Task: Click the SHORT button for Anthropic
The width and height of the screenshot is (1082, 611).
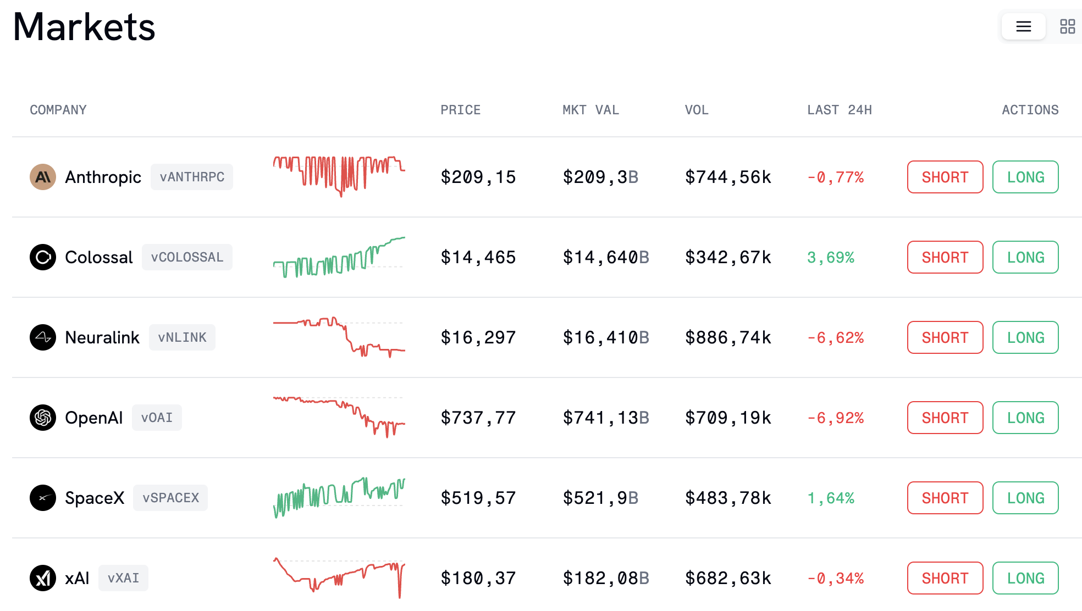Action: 945,177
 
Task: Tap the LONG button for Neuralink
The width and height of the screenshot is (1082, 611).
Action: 1025,337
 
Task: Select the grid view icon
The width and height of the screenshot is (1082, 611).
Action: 1067,26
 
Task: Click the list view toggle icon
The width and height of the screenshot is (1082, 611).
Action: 1023,26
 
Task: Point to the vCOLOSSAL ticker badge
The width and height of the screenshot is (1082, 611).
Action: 187,257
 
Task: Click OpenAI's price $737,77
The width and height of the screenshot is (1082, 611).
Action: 478,418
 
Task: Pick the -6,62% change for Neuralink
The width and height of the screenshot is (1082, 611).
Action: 835,337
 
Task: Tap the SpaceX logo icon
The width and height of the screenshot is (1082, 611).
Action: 43,498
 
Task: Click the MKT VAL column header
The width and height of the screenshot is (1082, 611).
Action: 590,110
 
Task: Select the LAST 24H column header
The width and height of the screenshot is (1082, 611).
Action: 839,110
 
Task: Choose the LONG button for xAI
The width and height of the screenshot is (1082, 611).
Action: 1025,578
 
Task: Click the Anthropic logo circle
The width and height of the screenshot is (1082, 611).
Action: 43,177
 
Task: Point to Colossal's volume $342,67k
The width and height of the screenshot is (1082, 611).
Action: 727,257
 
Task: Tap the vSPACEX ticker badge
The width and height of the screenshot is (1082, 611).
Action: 170,498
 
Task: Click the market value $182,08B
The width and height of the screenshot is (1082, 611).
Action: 605,578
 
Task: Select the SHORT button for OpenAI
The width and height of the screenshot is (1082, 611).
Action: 945,418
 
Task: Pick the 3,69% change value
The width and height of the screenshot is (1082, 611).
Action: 830,257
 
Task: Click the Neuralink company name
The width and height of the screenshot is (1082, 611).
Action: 102,337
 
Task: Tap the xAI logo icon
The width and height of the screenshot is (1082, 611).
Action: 43,578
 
